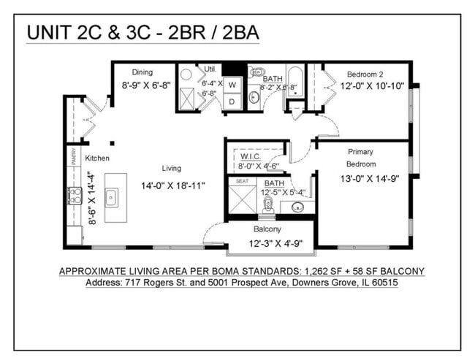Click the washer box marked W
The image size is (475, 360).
(233, 85)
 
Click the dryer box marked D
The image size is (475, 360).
(233, 102)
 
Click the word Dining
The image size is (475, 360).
(142, 72)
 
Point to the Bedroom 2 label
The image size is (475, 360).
(365, 74)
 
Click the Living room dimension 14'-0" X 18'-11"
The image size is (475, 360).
(173, 185)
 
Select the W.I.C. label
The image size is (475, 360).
(250, 155)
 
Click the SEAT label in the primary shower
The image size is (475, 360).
(242, 181)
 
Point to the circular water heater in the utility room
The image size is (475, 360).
(186, 74)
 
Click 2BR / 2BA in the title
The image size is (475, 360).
(219, 33)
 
